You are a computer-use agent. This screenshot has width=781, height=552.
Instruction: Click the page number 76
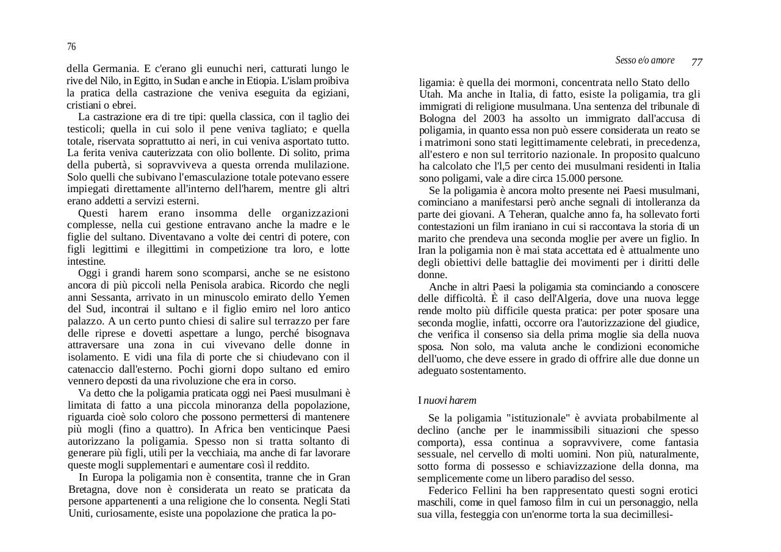point(71,47)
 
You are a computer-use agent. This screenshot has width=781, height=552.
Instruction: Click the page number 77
point(697,62)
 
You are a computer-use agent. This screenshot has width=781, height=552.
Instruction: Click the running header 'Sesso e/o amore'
point(645,60)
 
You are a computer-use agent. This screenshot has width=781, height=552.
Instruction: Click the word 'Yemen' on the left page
point(334,298)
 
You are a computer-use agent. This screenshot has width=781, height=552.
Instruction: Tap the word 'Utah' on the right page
point(430,95)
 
